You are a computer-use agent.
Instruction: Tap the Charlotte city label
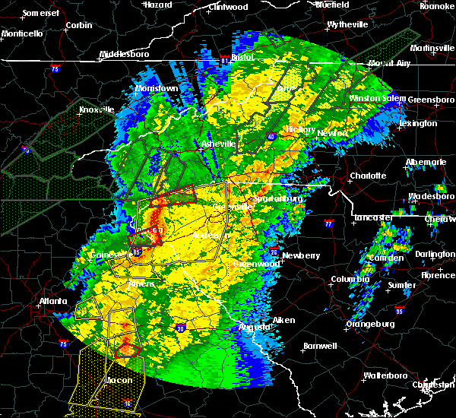point(367,176)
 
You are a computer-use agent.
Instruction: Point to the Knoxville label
point(94,109)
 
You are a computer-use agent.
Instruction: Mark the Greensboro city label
point(431,100)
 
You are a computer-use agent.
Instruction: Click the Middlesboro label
point(126,55)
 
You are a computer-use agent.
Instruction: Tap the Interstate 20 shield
point(180,328)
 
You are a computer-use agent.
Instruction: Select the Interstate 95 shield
point(401,311)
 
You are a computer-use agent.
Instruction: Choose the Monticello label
point(22,33)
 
